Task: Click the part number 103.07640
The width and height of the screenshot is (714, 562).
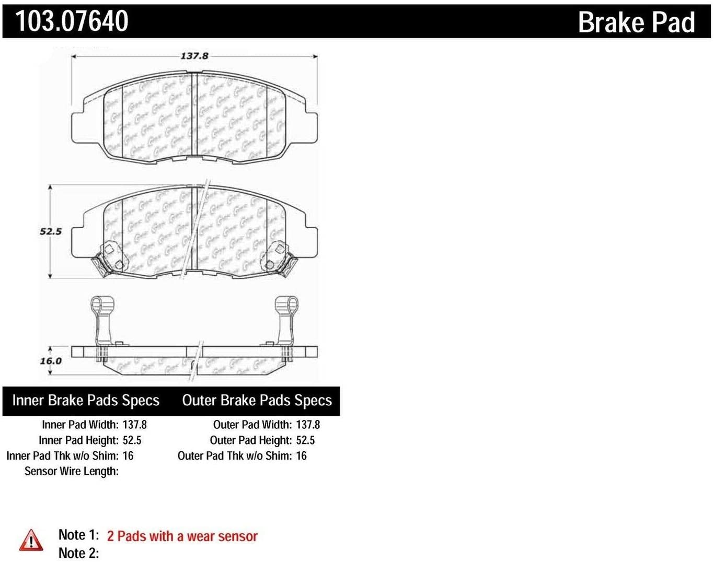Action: point(72,21)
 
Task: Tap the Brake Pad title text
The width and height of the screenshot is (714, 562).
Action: point(636,22)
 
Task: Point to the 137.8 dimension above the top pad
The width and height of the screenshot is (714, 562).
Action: point(194,55)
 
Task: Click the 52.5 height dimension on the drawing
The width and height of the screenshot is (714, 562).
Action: point(51,231)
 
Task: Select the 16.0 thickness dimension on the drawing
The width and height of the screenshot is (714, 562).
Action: point(51,361)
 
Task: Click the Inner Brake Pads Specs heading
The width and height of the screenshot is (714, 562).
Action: point(86,401)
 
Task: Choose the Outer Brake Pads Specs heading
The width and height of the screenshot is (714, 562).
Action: point(257,401)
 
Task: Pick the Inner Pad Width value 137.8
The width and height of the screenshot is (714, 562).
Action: point(134,425)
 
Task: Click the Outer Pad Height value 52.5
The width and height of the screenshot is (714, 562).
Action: point(305,440)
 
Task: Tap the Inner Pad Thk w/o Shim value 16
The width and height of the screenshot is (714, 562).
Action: point(128,455)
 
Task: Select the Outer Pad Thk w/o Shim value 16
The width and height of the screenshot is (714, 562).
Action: point(301,455)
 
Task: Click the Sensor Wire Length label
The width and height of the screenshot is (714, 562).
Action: point(72,471)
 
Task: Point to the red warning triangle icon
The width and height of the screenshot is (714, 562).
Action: point(31,540)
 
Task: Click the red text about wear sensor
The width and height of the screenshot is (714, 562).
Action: point(182,536)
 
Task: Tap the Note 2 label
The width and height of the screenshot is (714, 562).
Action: point(78,553)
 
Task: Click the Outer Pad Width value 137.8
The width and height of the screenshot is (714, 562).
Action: point(308,425)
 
